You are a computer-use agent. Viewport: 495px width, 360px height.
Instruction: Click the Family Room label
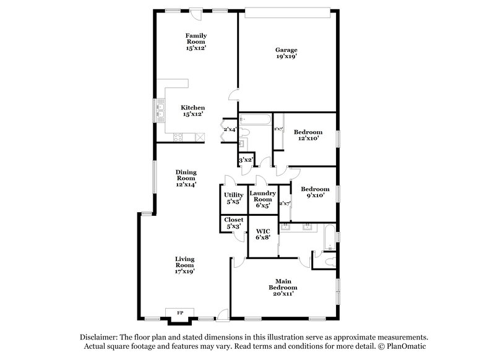click(196, 41)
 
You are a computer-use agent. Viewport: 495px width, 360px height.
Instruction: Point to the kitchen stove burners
click(180, 136)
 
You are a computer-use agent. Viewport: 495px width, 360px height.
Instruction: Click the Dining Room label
click(186, 178)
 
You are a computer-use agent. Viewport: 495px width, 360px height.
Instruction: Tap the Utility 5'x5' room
click(234, 198)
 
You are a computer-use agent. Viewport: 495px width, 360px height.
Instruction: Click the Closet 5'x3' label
click(234, 223)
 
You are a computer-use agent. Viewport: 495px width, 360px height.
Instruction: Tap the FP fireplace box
click(181, 312)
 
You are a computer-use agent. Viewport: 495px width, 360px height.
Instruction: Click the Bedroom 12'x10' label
click(308, 135)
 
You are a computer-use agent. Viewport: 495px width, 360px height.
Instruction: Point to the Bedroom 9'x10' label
click(315, 192)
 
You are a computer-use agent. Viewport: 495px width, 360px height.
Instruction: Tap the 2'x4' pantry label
click(230, 129)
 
